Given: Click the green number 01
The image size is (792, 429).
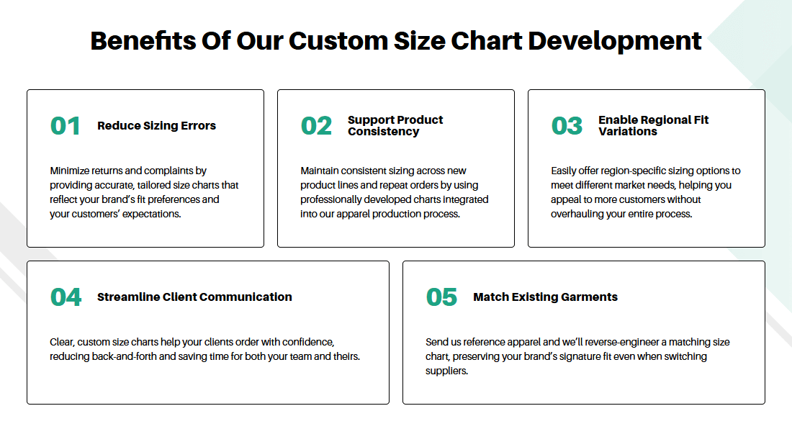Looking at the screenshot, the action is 65,126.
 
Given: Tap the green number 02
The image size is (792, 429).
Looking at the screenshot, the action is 316,126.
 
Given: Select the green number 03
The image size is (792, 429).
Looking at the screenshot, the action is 567,126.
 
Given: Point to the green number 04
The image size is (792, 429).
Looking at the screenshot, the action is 66,297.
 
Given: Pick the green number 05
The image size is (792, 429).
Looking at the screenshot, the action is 441,297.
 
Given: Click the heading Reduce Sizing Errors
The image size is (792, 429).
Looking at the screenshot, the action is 156,126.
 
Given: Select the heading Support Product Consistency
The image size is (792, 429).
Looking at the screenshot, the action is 395,126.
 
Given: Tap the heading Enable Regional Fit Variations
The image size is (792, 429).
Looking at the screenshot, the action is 654,126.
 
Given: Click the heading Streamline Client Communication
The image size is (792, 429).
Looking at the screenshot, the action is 194,297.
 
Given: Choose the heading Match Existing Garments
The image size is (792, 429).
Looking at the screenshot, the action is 546,297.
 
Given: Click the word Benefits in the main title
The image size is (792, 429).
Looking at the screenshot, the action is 143,41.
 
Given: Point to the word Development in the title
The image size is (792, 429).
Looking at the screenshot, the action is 615,41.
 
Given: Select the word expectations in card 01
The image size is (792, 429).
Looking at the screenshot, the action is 151,214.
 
